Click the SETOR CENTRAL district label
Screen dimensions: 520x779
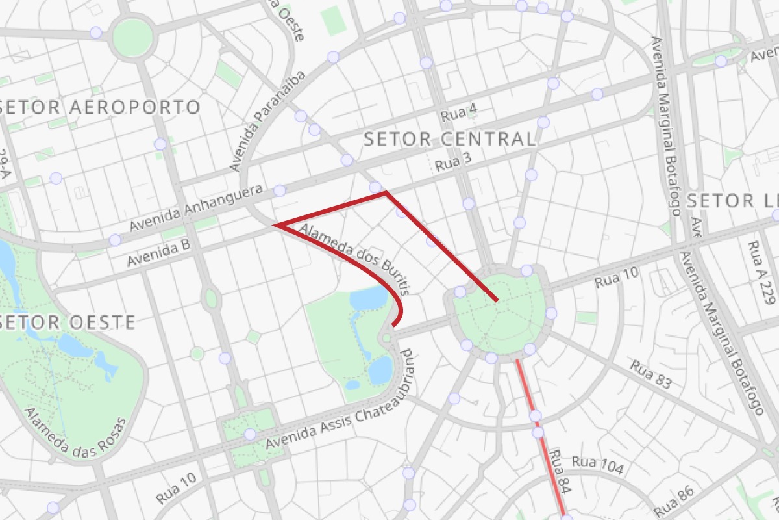(449, 138)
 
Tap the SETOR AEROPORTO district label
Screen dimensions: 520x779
(101, 107)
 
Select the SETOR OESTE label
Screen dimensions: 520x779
(68, 322)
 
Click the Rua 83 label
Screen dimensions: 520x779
(650, 374)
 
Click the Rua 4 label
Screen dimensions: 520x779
(459, 114)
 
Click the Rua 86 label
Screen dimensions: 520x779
(674, 501)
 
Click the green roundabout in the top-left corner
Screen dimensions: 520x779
(132, 37)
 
